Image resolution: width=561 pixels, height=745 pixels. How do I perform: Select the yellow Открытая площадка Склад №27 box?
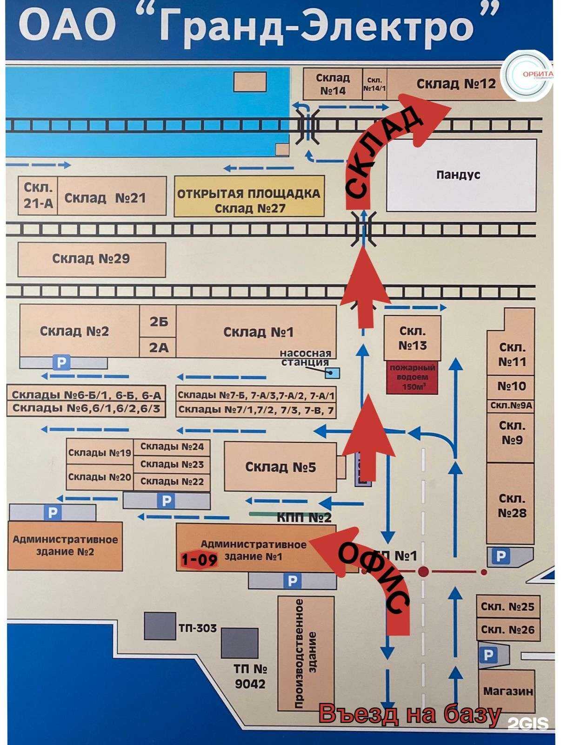point(249,196)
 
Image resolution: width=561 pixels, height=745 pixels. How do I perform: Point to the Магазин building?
point(507,691)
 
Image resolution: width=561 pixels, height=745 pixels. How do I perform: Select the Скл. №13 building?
point(412,338)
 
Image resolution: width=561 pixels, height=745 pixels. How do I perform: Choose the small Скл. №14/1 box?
point(374,84)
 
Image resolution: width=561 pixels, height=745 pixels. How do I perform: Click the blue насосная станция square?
point(333,372)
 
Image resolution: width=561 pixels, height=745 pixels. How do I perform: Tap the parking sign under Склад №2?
point(61,362)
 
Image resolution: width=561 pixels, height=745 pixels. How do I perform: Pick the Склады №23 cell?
point(172,464)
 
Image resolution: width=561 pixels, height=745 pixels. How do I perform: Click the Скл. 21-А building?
point(38,196)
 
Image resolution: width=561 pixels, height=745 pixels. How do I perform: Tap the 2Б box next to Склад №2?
point(158,321)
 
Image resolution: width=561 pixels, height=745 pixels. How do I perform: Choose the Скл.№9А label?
point(511,406)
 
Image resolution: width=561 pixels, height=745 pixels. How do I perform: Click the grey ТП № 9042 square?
point(240,643)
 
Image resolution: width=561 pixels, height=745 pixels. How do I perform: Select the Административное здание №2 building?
point(65,546)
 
